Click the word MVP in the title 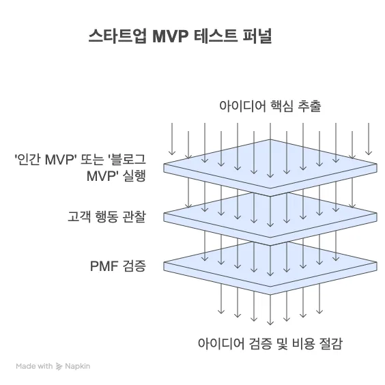(170, 36)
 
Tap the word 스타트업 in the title (117, 36)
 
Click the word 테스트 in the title (215, 36)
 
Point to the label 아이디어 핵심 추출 (270, 106)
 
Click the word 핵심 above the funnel (282, 106)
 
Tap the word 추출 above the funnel (310, 106)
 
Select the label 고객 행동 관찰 (106, 217)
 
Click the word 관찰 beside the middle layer (134, 217)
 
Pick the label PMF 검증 (118, 266)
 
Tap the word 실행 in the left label (134, 176)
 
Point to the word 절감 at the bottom (330, 343)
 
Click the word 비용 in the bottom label (304, 343)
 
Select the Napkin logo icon (59, 367)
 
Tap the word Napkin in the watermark (77, 367)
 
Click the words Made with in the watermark (34, 366)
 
